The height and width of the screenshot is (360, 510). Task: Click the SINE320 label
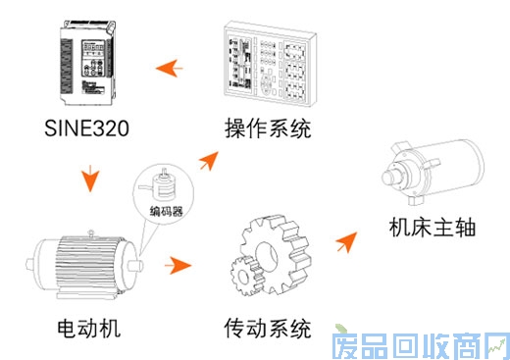pos(86,128)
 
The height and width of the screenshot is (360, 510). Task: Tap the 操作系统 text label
pos(268,129)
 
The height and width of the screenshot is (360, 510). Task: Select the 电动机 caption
pos(89,328)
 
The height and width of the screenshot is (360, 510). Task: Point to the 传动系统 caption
pos(268,328)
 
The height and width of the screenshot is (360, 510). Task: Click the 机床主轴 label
pos(433,228)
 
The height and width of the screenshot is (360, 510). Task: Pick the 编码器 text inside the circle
pos(167,211)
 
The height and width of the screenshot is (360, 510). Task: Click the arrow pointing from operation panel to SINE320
pos(170,69)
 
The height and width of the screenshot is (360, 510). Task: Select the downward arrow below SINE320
pos(90,179)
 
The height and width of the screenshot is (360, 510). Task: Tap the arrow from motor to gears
pos(178,265)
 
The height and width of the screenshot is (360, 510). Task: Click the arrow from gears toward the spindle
pos(347,241)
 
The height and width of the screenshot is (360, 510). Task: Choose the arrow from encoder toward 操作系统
pos(209,161)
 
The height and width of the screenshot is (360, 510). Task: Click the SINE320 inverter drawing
pos(87,63)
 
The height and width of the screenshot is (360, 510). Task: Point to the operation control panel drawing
pos(270,64)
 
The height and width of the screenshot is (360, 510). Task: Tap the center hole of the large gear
pos(267,256)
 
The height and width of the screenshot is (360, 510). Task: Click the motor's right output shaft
pos(135,265)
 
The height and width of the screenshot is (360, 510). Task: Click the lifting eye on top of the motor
pos(91,232)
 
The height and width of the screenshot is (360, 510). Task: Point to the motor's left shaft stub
pos(30,265)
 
